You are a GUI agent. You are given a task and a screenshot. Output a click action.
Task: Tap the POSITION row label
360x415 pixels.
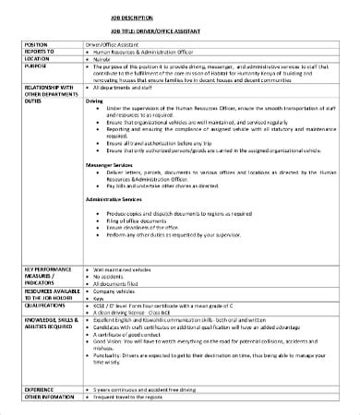pyautogui.click(x=36, y=43)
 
